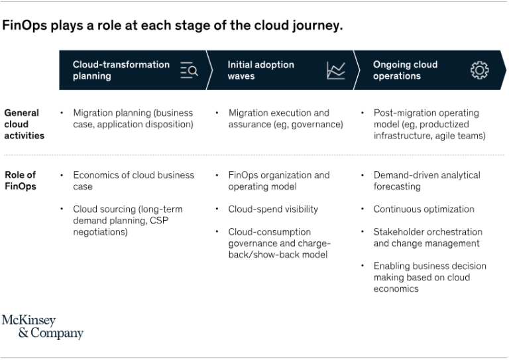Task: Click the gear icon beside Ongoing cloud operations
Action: point(479,70)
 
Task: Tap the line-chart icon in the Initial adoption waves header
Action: point(336,70)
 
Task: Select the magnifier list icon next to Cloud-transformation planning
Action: point(189,70)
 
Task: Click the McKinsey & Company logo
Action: point(42,327)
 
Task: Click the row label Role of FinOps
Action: point(20,180)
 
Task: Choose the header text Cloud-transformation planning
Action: point(121,70)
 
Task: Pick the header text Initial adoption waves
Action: point(260,70)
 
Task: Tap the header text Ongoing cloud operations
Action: point(405,70)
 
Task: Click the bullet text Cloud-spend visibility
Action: point(273,209)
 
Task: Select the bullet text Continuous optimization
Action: point(424,209)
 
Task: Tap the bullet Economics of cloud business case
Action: point(133,180)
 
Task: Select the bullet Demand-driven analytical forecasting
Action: point(426,180)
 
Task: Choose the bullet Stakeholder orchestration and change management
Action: point(427,237)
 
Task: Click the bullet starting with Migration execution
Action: point(285,118)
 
